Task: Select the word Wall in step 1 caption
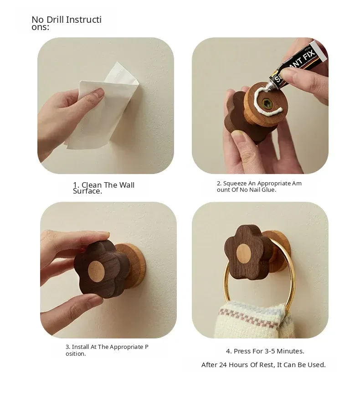point(127,185)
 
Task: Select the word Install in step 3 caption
point(81,347)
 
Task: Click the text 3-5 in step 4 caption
point(270,351)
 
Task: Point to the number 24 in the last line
point(223,365)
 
